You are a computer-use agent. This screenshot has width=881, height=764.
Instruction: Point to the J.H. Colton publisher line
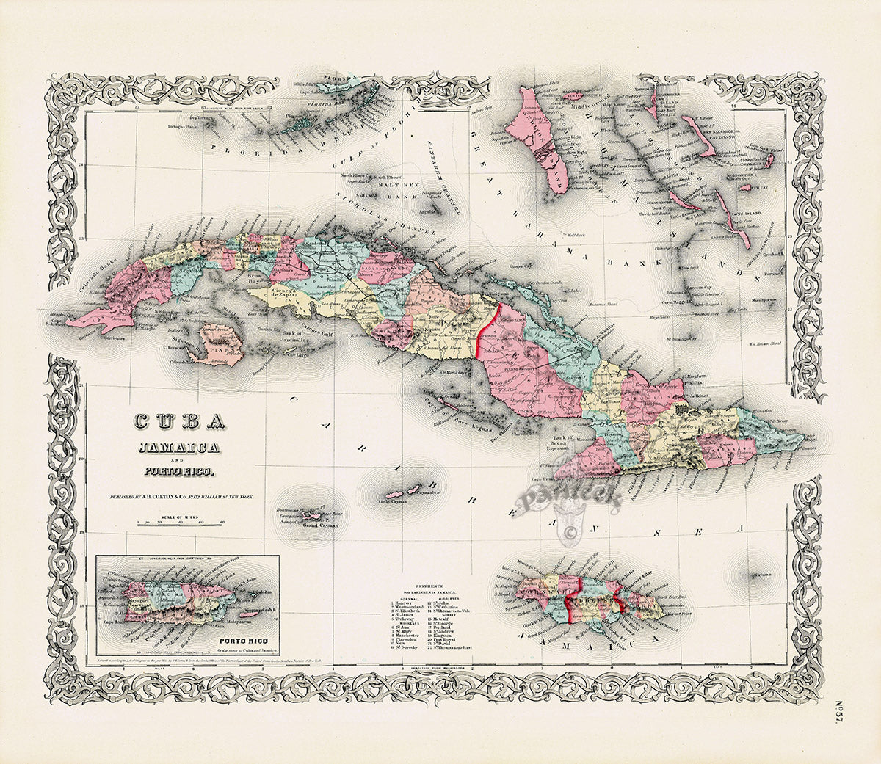[180, 497]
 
